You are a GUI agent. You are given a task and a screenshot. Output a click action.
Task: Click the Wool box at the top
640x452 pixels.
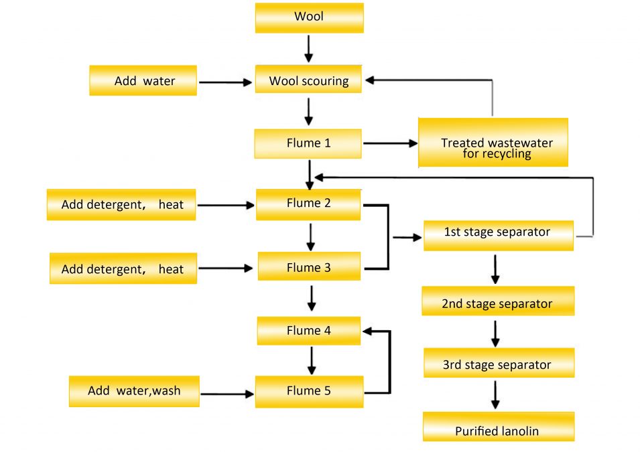tap(309, 17)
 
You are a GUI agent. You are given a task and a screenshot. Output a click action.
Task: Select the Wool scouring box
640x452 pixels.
tap(309, 81)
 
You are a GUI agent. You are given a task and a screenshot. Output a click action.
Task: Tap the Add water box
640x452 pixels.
tap(143, 81)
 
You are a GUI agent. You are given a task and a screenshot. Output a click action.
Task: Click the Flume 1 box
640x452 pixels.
tap(308, 143)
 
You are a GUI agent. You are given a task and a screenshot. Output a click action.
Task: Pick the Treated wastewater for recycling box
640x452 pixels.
tap(493, 143)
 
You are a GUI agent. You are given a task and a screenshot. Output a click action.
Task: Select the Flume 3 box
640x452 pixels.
tap(309, 268)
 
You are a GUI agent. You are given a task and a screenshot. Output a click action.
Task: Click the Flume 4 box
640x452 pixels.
tap(309, 331)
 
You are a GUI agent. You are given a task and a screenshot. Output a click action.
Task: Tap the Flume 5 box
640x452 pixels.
tap(309, 391)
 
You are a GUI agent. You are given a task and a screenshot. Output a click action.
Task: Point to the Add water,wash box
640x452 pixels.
tap(134, 391)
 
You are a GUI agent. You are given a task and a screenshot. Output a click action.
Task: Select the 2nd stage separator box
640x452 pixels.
tap(497, 303)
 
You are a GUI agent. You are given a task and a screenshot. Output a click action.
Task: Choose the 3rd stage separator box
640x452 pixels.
tap(497, 364)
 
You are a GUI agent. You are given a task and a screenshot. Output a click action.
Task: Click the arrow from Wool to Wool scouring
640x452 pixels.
tap(308, 48)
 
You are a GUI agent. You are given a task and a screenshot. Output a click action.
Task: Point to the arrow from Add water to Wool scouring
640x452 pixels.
tap(225, 82)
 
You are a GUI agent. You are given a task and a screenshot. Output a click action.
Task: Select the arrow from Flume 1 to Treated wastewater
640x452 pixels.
tap(389, 143)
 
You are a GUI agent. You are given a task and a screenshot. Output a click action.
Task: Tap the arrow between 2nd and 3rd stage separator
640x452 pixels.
tap(496, 333)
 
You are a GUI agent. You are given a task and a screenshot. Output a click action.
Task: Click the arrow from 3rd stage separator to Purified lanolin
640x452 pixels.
tap(496, 394)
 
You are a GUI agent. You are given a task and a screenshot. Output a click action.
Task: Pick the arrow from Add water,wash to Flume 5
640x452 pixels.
tap(227, 394)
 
